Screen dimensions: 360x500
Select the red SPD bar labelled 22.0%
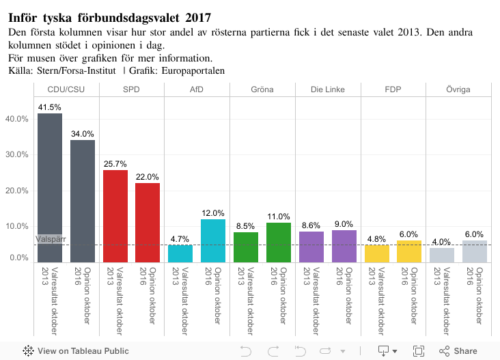pyautogui.click(x=148, y=222)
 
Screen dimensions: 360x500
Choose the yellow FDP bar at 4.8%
pyautogui.click(x=377, y=253)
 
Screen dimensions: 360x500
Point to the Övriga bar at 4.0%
pyautogui.click(x=442, y=254)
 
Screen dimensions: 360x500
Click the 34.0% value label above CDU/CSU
pyautogui.click(x=83, y=134)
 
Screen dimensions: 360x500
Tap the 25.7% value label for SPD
pyautogui.click(x=115, y=164)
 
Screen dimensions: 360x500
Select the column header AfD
pyautogui.click(x=197, y=89)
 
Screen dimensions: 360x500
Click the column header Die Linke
pyautogui.click(x=328, y=89)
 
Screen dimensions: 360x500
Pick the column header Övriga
pyautogui.click(x=458, y=89)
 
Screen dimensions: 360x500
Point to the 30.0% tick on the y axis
pyautogui.click(x=17, y=154)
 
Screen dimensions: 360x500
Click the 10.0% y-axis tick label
pyautogui.click(x=17, y=226)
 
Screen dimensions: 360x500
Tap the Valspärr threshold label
pyautogui.click(x=50, y=239)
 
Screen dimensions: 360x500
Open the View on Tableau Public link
pyautogui.click(x=76, y=351)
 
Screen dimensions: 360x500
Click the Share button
pyautogui.click(x=458, y=351)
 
